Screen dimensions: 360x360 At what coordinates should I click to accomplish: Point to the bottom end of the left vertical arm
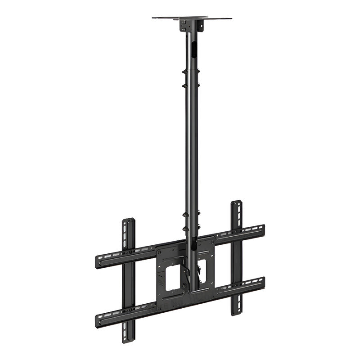coord(129,340)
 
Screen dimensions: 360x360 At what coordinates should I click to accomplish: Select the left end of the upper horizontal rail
coord(98,261)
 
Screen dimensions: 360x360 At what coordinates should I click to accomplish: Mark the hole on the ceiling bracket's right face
coord(196,27)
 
